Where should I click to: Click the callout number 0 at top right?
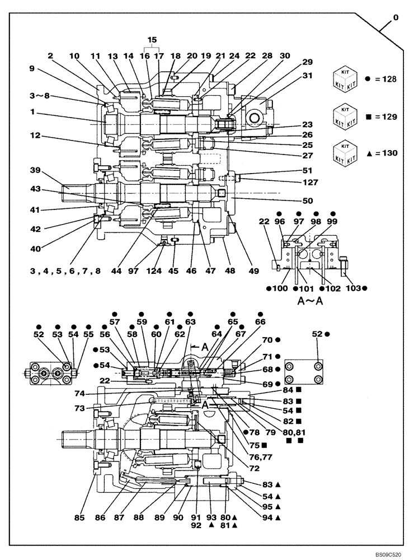click(396, 18)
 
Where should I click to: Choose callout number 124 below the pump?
click(154, 271)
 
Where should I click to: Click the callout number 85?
click(79, 519)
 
